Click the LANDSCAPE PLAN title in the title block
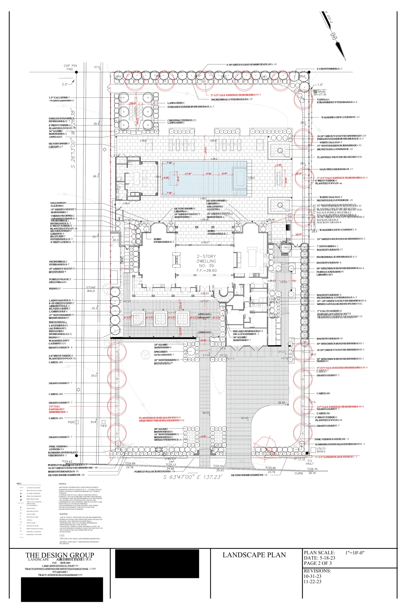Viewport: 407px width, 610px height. point(254,555)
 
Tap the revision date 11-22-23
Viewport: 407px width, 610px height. point(313,581)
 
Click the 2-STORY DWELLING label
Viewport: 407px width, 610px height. point(206,259)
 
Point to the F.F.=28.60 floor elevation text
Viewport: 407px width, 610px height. point(207,270)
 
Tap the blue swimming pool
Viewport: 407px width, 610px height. point(205,178)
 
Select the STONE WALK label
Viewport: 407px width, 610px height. point(91,289)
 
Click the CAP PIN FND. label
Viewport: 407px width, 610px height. point(70,67)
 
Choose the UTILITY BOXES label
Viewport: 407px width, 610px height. point(321,450)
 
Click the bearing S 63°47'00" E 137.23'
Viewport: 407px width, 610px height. point(193,477)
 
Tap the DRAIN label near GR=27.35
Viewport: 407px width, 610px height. point(322,91)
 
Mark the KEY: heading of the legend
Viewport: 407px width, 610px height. point(19,483)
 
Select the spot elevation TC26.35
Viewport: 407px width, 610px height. point(312,469)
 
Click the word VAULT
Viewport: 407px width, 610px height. point(310,463)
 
